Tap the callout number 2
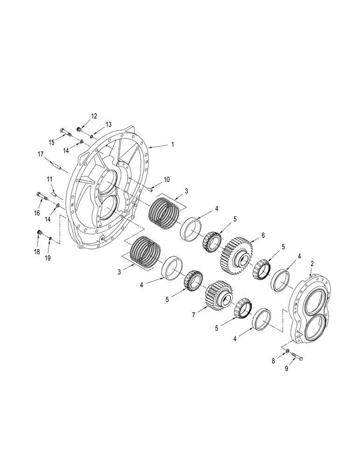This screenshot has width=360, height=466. click(312, 264)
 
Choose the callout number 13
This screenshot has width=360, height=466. click(108, 124)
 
